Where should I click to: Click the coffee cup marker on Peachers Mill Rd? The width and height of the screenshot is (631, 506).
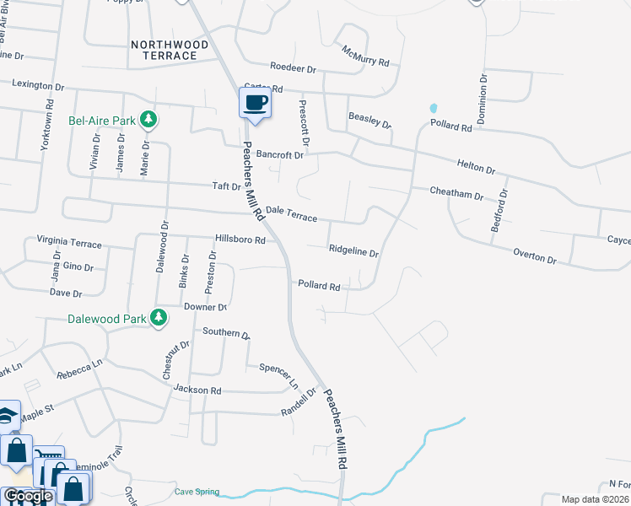pos(255,104)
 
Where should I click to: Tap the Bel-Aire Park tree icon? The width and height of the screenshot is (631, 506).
pos(148,120)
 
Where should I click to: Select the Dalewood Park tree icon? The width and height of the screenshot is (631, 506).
pos(158,318)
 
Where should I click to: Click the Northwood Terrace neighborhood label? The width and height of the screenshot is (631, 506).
pos(164,49)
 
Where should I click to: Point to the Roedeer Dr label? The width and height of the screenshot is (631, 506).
pos(293,67)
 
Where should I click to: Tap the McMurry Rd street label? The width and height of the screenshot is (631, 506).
pos(365,57)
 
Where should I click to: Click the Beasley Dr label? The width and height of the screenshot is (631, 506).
pos(369,120)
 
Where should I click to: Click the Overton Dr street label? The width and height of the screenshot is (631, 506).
pos(535,256)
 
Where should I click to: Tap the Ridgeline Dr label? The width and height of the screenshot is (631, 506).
pos(353,250)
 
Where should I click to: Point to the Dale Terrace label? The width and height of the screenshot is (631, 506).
pos(291,213)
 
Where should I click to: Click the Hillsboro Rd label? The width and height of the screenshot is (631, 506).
pos(240,240)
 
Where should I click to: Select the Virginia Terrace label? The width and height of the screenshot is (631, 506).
pos(69,243)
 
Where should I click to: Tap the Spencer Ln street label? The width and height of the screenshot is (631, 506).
pos(279,375)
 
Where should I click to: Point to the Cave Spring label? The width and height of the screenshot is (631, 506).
pos(197,492)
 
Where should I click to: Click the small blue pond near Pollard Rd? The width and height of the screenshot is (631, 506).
pos(434,108)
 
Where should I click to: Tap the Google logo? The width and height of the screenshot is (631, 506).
pos(27,496)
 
